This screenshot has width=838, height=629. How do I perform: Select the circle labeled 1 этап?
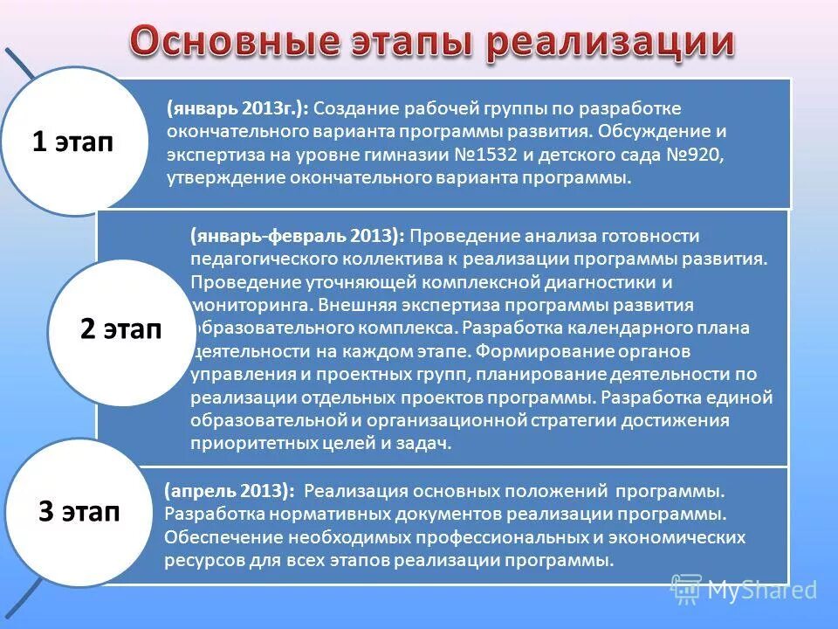coord(72,142)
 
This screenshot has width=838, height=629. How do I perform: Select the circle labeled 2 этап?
coord(120,331)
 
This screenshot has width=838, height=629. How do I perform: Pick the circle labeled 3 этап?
coord(79,511)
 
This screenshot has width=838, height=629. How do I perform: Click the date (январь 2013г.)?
coord(237,108)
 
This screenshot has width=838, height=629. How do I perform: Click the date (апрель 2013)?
coord(229,491)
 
